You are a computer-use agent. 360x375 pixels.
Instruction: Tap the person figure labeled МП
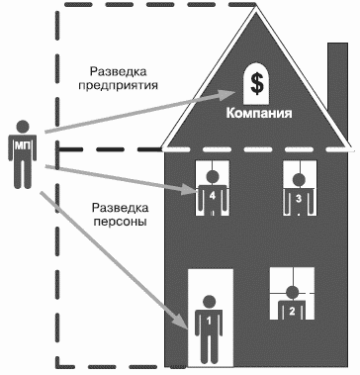tap(24, 152)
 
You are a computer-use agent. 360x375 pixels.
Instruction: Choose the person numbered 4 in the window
tap(212, 192)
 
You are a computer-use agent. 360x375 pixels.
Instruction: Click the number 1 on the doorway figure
tap(209, 321)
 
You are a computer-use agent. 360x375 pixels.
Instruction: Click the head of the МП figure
tap(24, 126)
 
